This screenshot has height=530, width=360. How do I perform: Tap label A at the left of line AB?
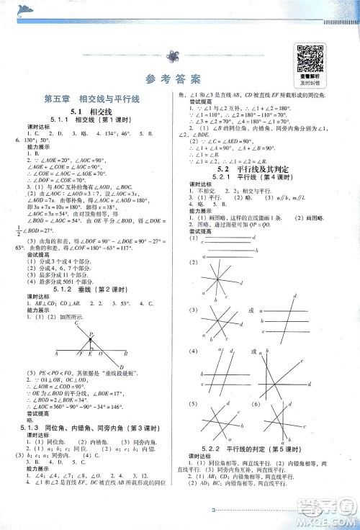[56, 354]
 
